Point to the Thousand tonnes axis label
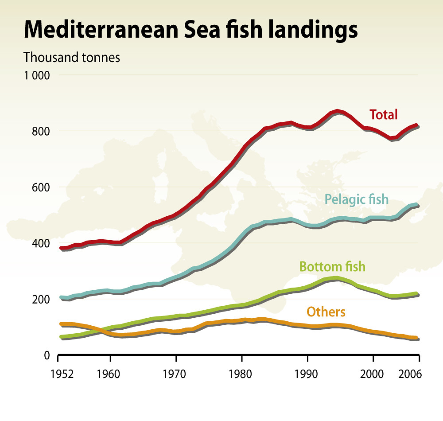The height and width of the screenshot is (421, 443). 72,58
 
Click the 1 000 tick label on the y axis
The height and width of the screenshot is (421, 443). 36,75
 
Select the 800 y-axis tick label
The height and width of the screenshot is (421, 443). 41,131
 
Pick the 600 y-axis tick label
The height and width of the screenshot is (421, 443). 41,187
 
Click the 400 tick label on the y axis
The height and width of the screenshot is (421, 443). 41,243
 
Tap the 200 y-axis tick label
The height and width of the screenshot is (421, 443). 41,300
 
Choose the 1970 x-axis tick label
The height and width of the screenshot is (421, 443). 176,374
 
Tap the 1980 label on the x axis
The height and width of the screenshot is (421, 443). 242,374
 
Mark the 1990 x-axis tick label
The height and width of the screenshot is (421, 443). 307,374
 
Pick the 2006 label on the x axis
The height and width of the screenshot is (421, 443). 410,374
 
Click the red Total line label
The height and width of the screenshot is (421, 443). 384,115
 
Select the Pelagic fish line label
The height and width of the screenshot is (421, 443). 356,199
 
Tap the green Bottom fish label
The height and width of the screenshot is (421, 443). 332,267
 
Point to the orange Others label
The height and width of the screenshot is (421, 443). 326,312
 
